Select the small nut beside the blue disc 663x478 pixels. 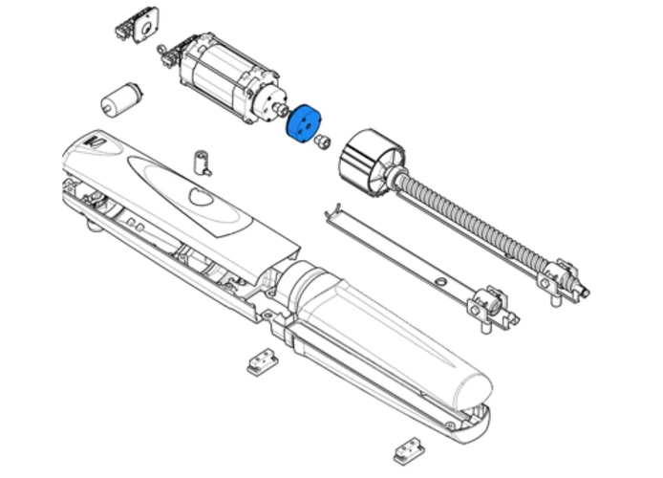click(x=322, y=141)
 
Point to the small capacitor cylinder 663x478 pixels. click(x=121, y=98)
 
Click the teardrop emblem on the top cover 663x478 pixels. click(x=201, y=197)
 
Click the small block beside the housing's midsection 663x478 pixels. click(x=261, y=361)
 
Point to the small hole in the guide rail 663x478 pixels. click(x=438, y=281)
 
